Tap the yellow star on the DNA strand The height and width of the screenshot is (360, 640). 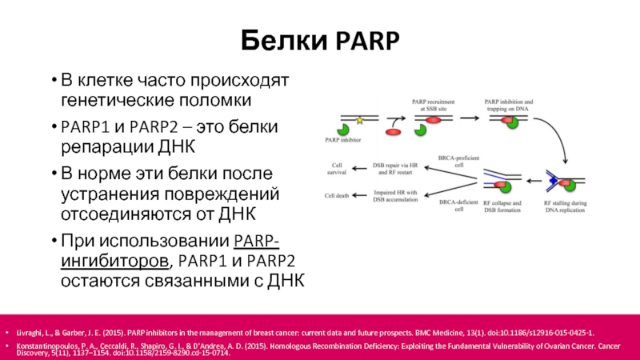coord(360,120)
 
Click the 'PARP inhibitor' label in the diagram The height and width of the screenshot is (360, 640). coord(343,140)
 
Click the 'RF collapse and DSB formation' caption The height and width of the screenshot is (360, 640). coord(502,206)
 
